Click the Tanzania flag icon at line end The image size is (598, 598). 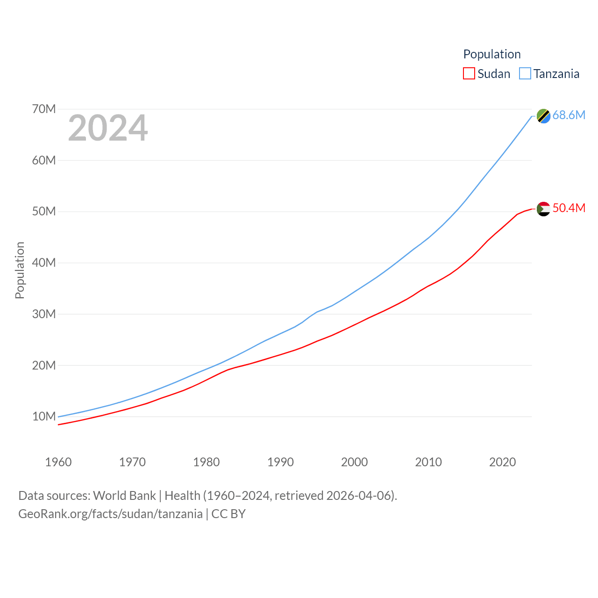pos(543,116)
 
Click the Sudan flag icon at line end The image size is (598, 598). pos(543,209)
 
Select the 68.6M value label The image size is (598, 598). pos(569,115)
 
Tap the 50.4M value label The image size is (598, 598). pos(569,208)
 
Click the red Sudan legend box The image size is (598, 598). pos(469,74)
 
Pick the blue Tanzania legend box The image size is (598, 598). pos(525,74)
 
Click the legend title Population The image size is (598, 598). pos(491,54)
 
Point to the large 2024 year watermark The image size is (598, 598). pos(108,128)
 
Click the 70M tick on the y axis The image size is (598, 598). pos(44,109)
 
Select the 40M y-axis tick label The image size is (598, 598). pos(44,263)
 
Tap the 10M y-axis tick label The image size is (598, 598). pos(44,416)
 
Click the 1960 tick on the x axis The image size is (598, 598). pos(58,462)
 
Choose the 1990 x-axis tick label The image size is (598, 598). pos(280,462)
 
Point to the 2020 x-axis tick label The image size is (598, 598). pos(502,462)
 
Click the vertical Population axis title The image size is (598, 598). pos(20,270)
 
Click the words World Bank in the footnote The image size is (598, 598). pos(124,496)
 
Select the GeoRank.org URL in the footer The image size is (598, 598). pos(110,514)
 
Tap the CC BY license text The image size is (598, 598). pos(228,514)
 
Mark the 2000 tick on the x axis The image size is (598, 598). pos(354,462)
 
